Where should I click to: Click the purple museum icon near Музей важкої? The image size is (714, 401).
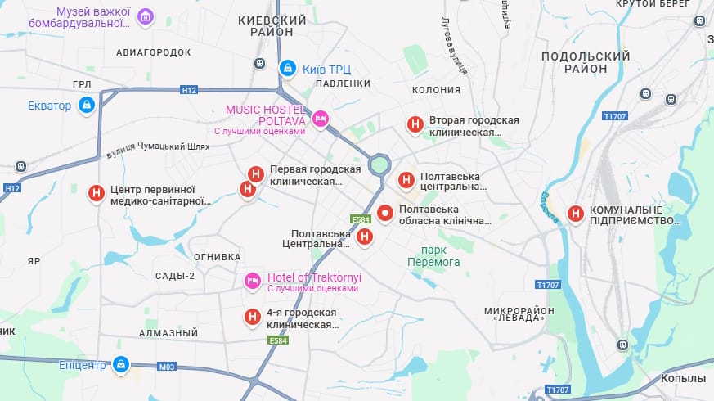[x=146, y=17]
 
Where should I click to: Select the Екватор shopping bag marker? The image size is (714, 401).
[x=86, y=106]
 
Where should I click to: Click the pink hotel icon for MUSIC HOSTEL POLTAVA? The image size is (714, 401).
[x=321, y=119]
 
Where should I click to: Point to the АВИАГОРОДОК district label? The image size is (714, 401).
[x=153, y=52]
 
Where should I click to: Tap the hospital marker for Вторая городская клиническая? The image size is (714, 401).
[x=415, y=124]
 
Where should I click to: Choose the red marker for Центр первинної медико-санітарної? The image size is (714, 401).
[x=96, y=194]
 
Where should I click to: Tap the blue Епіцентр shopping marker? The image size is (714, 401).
[x=120, y=363]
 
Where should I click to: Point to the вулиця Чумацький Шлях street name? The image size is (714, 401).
[x=158, y=149]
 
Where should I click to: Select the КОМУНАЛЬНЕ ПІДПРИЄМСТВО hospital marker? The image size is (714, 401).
[x=576, y=214]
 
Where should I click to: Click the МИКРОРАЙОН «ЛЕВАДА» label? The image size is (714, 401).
[x=519, y=313]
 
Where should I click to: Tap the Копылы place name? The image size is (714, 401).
[x=683, y=378]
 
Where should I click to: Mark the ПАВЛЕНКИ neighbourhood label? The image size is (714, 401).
[x=343, y=83]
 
